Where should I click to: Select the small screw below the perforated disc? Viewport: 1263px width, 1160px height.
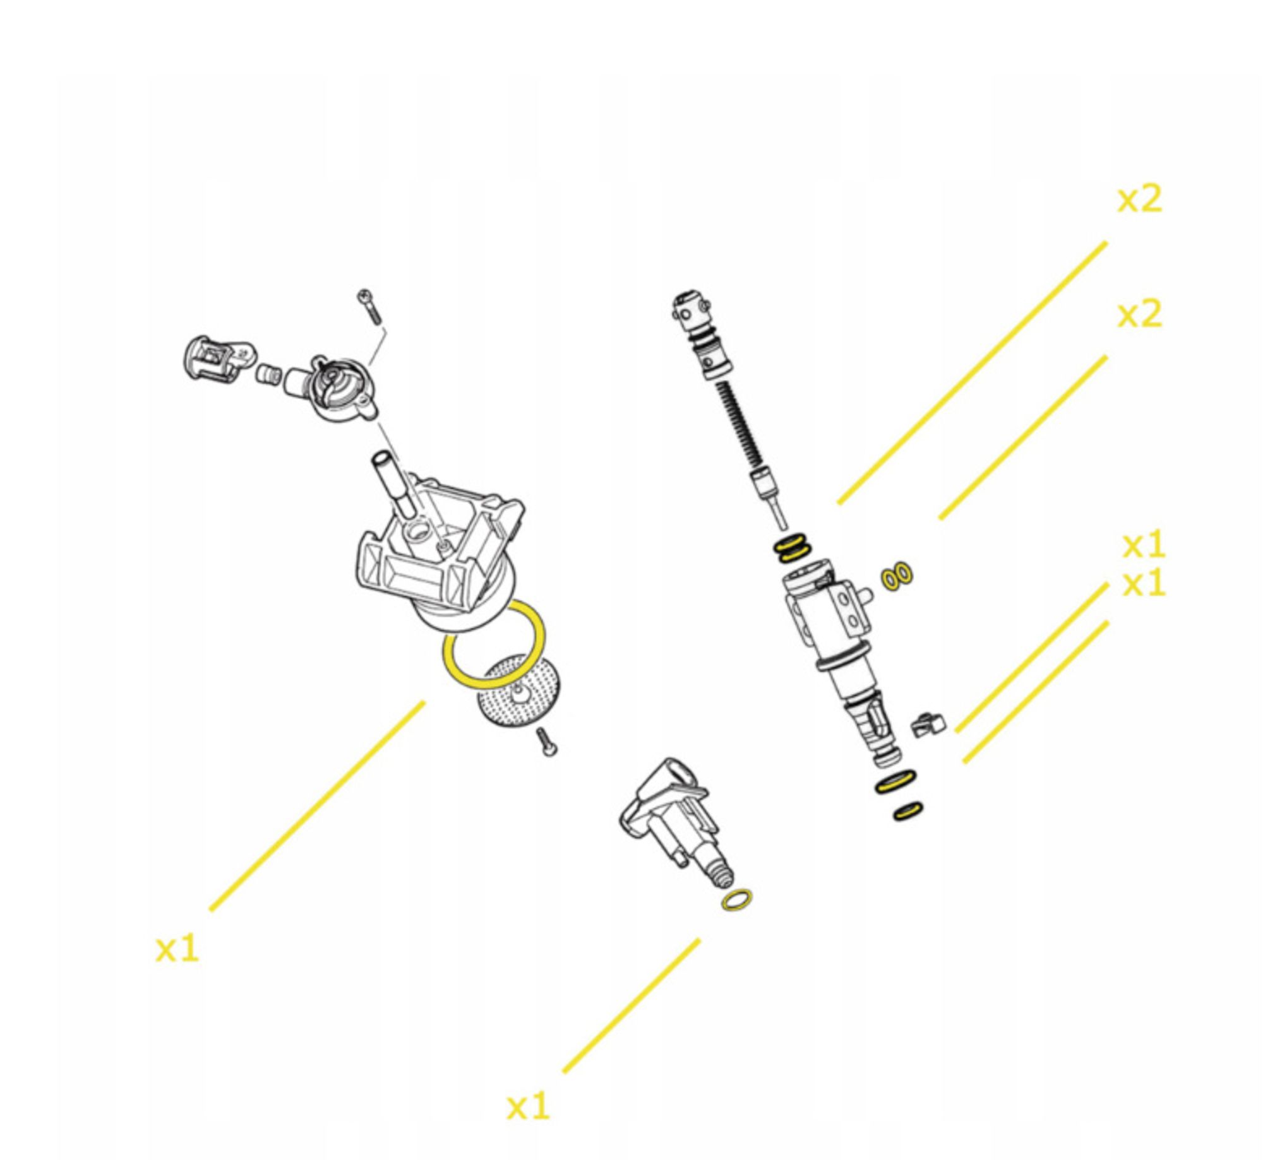pos(546,742)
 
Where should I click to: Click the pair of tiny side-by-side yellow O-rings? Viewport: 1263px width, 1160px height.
pos(897,576)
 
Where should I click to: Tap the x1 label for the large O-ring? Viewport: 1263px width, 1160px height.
pos(177,949)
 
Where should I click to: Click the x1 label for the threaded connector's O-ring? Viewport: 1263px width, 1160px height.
pos(529,1106)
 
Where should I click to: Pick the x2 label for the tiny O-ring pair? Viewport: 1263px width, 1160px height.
pos(1139,314)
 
